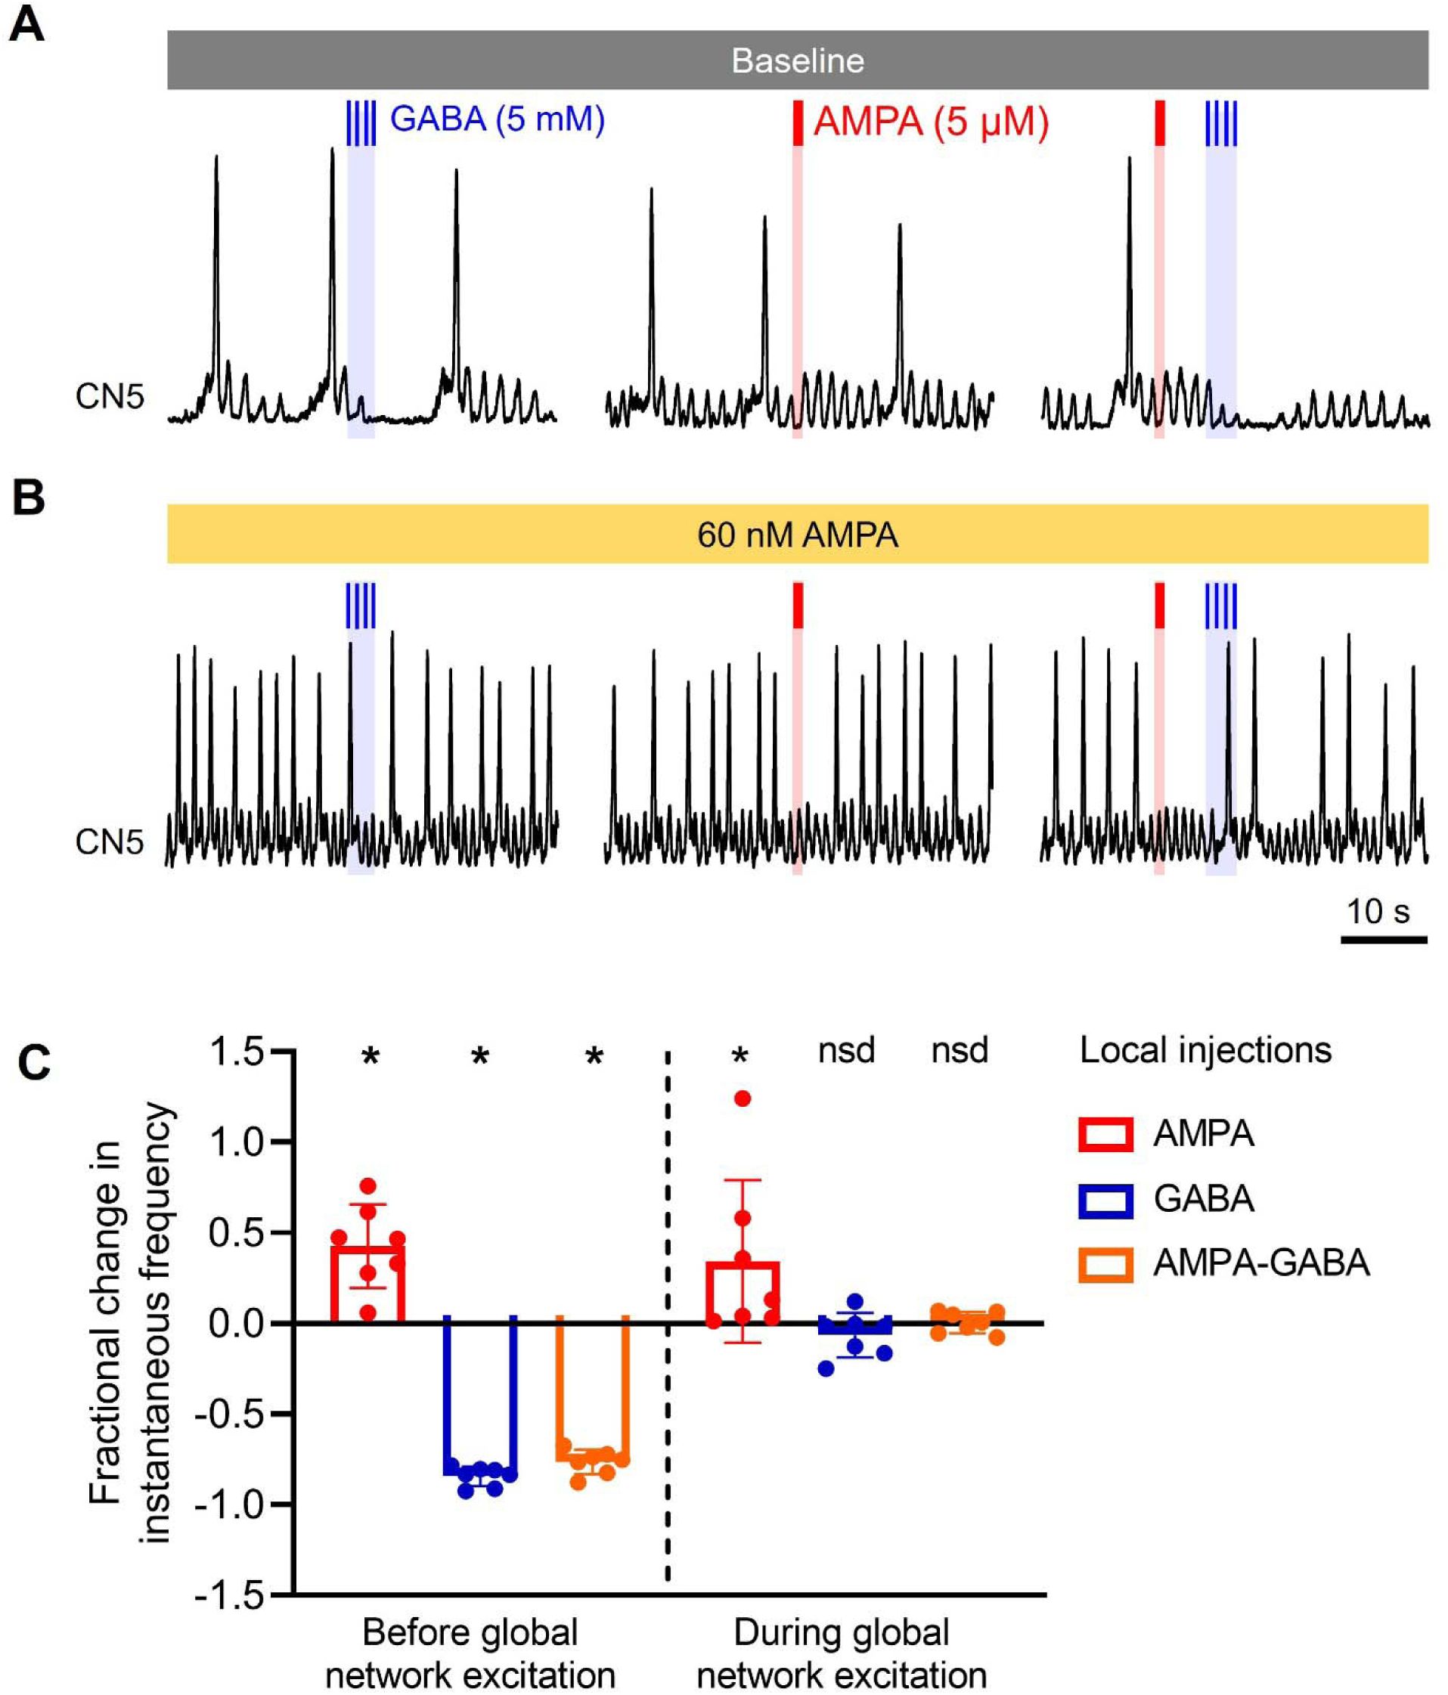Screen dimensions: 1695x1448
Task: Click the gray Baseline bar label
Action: [x=797, y=61]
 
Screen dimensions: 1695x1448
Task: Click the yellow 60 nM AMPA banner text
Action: [x=797, y=535]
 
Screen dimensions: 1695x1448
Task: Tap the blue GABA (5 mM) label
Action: [x=497, y=119]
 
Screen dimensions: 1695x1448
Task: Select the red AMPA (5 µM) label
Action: [x=930, y=122]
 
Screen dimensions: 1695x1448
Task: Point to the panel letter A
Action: [x=26, y=24]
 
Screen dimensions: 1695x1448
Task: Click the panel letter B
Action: [x=28, y=497]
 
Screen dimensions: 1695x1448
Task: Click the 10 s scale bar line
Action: [x=1384, y=939]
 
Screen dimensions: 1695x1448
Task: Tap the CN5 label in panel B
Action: [x=109, y=841]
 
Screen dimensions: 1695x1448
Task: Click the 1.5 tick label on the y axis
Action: [x=237, y=1052]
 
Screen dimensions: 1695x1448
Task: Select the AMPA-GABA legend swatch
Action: [x=1105, y=1264]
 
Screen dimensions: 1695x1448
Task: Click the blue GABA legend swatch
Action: [x=1105, y=1200]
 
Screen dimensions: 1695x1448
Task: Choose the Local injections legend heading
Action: [x=1205, y=1050]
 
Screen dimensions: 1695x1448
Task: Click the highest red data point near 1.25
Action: [x=742, y=1098]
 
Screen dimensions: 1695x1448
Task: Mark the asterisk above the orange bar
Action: [x=594, y=1056]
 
